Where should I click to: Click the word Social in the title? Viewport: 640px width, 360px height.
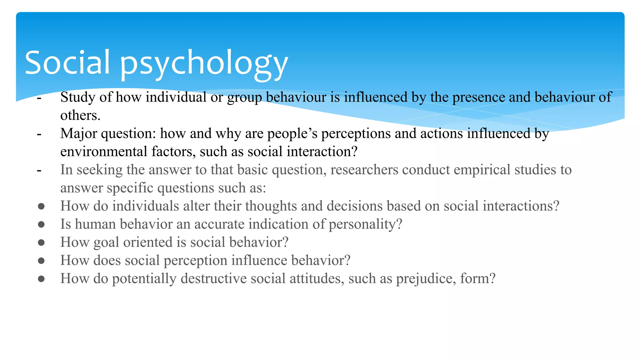coord(67,62)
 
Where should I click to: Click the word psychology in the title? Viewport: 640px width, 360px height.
coord(204,64)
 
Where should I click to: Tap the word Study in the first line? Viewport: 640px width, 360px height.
coord(78,97)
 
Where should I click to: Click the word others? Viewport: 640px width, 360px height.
coord(80,115)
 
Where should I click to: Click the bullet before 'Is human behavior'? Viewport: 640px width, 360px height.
coord(41,224)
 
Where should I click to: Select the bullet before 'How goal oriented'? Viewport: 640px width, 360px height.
coord(41,242)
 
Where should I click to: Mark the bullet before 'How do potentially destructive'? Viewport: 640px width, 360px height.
coord(41,278)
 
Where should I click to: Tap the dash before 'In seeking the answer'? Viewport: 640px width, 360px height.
coord(39,171)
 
